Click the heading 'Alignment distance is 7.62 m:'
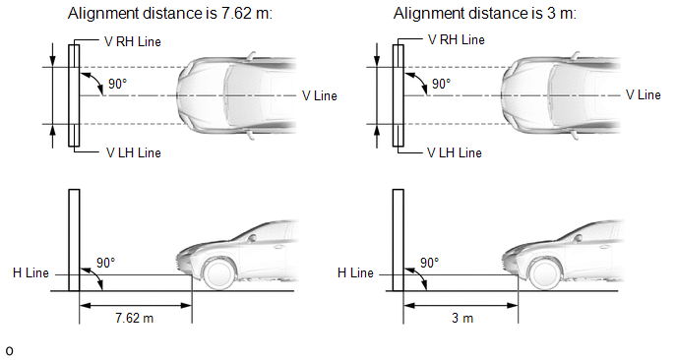[x=170, y=14]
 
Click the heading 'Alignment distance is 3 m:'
[x=485, y=14]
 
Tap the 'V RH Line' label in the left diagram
[x=133, y=42]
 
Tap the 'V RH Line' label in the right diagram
[x=457, y=40]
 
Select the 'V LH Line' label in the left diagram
[x=134, y=152]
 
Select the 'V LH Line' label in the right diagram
[x=455, y=152]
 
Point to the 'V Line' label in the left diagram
[x=320, y=95]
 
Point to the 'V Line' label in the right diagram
[x=644, y=95]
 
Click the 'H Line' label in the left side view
[x=31, y=273]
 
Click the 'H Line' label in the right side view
[x=355, y=273]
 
